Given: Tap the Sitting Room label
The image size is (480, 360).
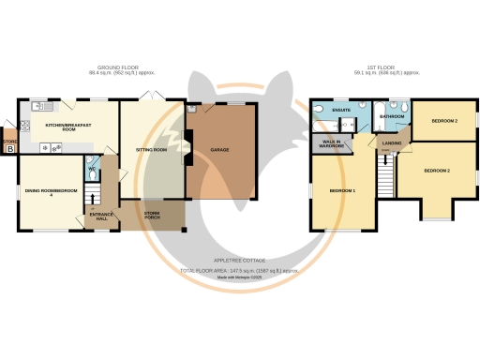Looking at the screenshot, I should coord(153,149).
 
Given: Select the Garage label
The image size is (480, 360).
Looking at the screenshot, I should coord(220,149).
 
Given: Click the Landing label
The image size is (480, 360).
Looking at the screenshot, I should coord(390,143).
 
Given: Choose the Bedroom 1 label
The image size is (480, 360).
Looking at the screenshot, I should coord(342,190).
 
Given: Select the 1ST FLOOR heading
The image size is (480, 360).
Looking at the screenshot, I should coord(380,67).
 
